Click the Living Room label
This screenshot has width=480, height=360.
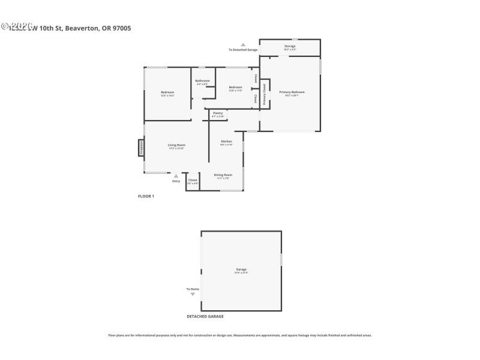[176, 145]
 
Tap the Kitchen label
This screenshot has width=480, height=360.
[226, 142]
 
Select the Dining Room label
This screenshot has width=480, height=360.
[223, 175]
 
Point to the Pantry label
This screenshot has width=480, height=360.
[218, 113]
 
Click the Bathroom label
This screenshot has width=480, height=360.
[202, 81]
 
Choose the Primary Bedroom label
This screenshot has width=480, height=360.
[292, 92]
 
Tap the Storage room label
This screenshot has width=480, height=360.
[290, 46]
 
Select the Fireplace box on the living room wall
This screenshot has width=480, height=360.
[141, 148]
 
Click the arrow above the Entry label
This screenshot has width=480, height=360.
[176, 176]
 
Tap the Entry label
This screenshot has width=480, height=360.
[176, 181]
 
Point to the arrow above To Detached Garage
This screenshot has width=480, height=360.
[243, 44]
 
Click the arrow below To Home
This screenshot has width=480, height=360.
[193, 294]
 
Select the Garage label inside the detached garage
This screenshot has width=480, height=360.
[241, 270]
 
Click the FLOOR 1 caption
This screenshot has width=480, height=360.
[146, 196]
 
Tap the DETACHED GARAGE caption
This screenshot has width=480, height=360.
[205, 316]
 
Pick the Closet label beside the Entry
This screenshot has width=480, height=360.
[193, 180]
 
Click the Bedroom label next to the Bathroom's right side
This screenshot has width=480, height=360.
[235, 88]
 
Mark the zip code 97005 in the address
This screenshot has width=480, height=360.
[119, 28]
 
